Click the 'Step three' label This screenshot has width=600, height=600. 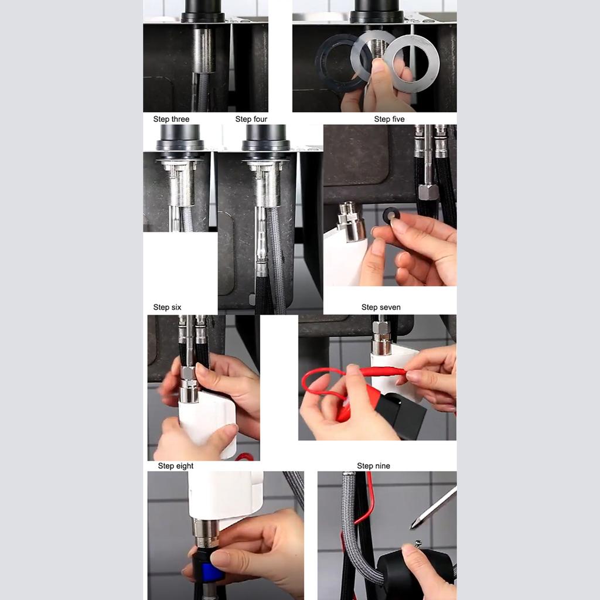click(x=171, y=119)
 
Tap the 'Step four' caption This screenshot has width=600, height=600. click(x=251, y=119)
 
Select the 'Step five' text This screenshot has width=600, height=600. click(x=389, y=119)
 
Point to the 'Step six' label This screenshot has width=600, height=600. click(x=167, y=307)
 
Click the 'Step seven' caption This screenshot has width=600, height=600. click(x=381, y=307)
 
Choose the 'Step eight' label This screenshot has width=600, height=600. click(x=176, y=466)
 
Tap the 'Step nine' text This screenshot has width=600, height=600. click(x=373, y=466)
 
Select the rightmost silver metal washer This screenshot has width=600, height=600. click(x=411, y=63)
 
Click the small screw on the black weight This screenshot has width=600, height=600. click(x=418, y=544)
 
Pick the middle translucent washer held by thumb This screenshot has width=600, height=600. click(x=373, y=53)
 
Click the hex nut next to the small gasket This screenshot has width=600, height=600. click(x=428, y=191)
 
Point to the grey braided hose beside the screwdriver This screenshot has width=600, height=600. click(x=352, y=527)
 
